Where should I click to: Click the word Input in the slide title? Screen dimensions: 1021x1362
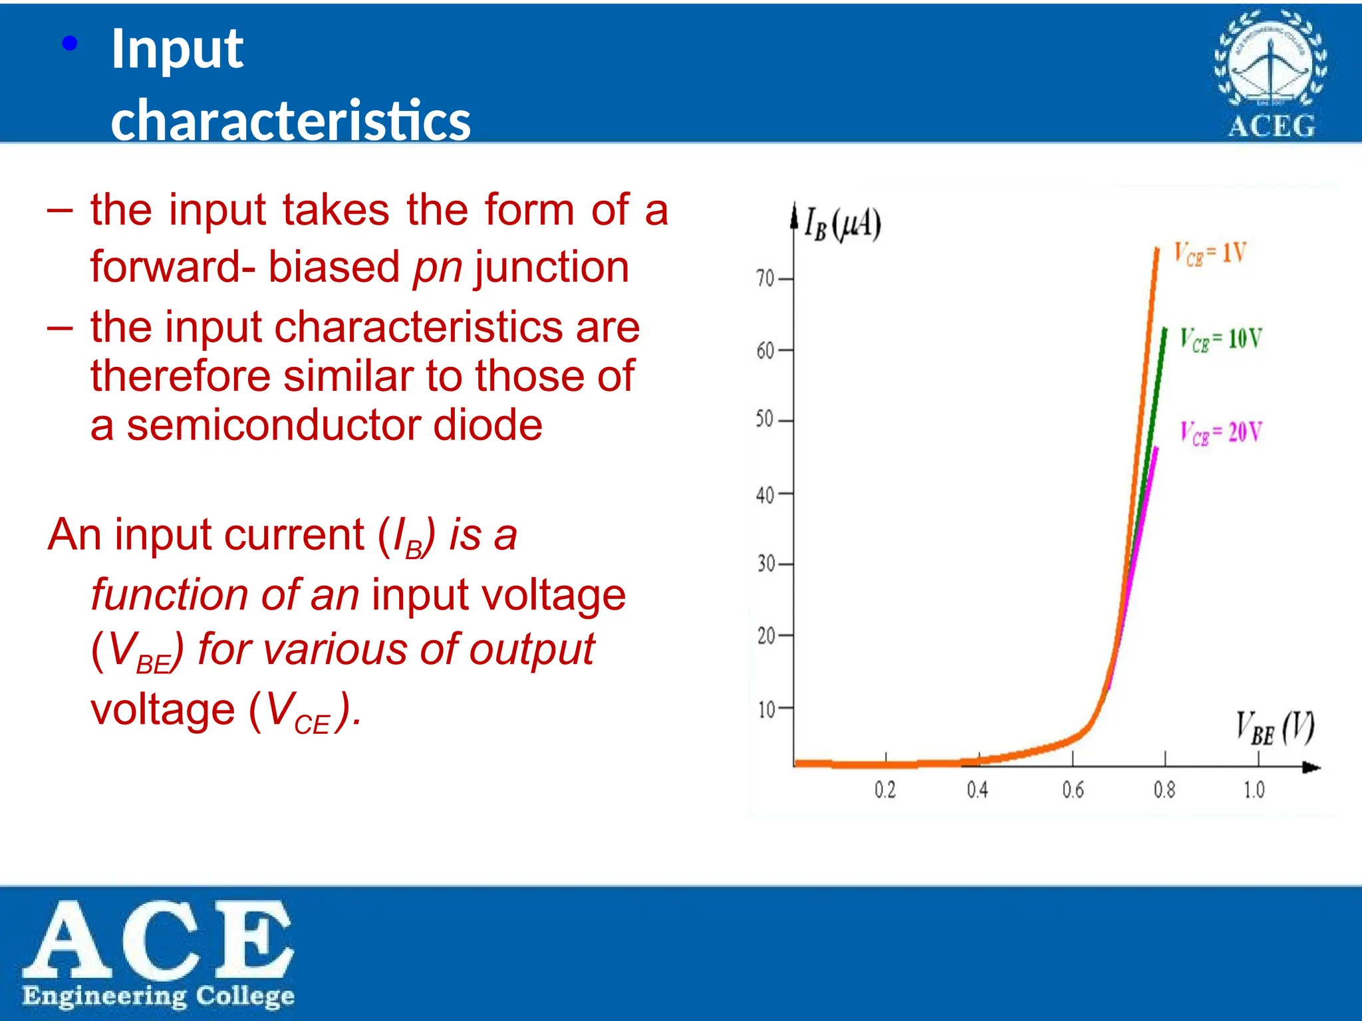pos(177,49)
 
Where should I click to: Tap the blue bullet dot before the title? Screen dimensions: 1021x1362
pos(70,45)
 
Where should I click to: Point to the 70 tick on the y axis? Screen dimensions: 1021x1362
pos(765,279)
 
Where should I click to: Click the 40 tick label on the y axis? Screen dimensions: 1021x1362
pos(765,495)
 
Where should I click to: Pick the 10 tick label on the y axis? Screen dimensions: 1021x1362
pos(766,709)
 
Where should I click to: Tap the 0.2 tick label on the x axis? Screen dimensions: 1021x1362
pos(885,790)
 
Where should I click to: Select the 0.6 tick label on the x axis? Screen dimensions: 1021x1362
pos(1073,790)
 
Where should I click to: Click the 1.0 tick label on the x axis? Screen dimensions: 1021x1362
pos(1254,790)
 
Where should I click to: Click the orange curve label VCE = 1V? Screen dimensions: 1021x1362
pos(1210,254)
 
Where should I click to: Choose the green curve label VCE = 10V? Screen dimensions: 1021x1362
pos(1220,340)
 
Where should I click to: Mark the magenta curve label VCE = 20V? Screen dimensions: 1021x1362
pos(1220,433)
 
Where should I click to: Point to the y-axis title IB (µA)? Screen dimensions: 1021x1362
pos(842,225)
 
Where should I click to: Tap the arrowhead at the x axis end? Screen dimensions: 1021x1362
pos(1311,768)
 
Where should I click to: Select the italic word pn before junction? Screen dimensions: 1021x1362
pos(437,267)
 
